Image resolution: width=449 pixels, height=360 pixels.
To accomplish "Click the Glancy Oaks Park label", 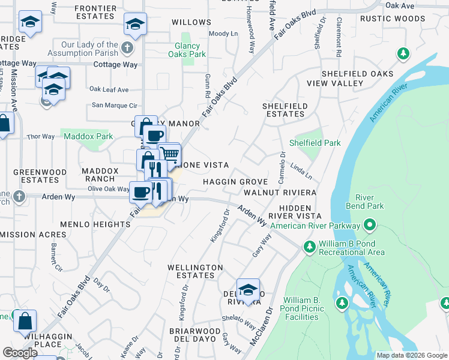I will pyautogui.click(x=190, y=50).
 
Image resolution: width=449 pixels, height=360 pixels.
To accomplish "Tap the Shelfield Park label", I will pyautogui.click(x=315, y=143).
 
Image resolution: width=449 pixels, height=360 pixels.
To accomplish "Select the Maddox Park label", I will pyautogui.click(x=88, y=136).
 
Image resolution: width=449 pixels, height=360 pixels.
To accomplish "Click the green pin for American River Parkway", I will pyautogui.click(x=369, y=226).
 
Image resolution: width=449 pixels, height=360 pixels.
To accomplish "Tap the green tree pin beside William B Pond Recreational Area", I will pyautogui.click(x=310, y=247).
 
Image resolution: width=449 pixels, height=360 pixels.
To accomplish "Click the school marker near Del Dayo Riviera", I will pyautogui.click(x=248, y=290).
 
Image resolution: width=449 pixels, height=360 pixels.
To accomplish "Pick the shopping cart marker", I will pyautogui.click(x=170, y=154).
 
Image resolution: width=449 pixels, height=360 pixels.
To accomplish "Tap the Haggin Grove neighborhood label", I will pyautogui.click(x=234, y=181).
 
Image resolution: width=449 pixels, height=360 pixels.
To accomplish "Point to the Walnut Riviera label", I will pyautogui.click(x=280, y=193).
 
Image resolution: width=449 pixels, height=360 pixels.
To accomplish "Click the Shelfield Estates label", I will pyautogui.click(x=285, y=110).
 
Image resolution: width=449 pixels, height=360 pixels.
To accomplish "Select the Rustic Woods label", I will pyautogui.click(x=393, y=19).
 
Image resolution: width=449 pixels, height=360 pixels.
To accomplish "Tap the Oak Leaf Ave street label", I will pyautogui.click(x=109, y=89).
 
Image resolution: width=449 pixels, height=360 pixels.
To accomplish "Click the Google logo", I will pyautogui.click(x=20, y=353).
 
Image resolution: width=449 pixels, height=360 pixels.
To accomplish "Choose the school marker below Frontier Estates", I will pyautogui.click(x=135, y=25).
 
